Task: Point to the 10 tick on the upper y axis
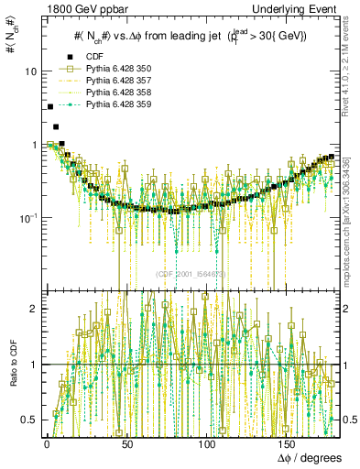click(x=30, y=71)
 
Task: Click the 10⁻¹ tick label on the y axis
click(x=27, y=217)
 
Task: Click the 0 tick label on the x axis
click(x=46, y=444)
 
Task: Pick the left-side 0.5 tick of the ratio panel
click(x=30, y=420)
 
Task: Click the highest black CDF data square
click(x=49, y=107)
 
